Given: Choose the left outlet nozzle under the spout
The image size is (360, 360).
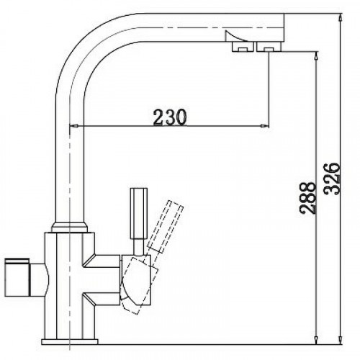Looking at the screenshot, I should tap(238, 47).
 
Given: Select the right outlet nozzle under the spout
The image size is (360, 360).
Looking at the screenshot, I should tap(264, 47).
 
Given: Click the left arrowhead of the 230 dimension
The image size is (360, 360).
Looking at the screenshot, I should tap(73, 128).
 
